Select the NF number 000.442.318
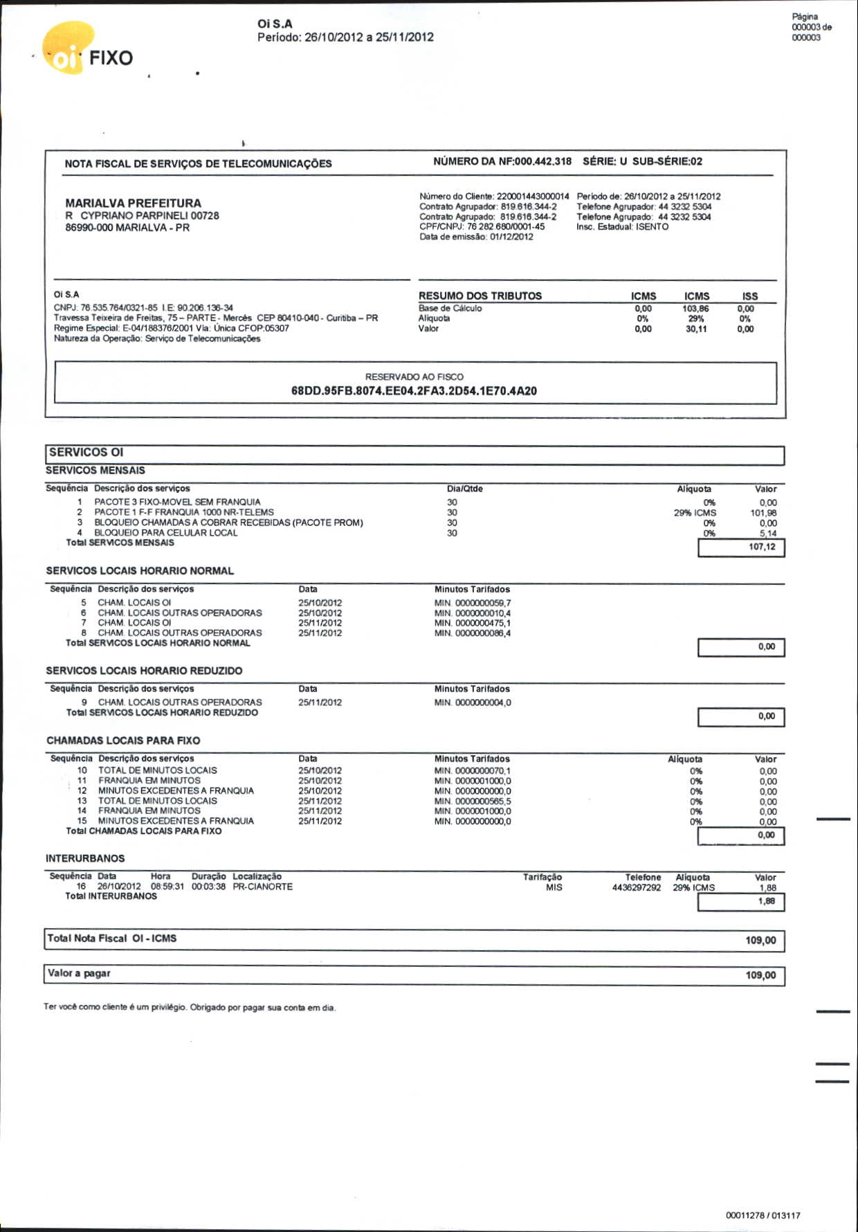coord(542,161)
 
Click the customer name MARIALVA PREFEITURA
coord(133,203)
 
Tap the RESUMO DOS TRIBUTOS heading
coord(480,296)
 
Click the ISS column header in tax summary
coord(749,296)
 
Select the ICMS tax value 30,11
coord(695,329)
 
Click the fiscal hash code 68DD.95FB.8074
coord(414,391)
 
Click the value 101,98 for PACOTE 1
coord(763,513)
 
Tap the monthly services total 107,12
coord(762,547)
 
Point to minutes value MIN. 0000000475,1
coord(473,623)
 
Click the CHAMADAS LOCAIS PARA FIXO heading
coord(123,741)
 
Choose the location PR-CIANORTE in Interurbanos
coord(262,887)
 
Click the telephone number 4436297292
coord(636,887)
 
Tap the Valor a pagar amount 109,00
coord(760,975)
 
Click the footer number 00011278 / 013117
coord(763,1215)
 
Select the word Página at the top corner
coord(805,17)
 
